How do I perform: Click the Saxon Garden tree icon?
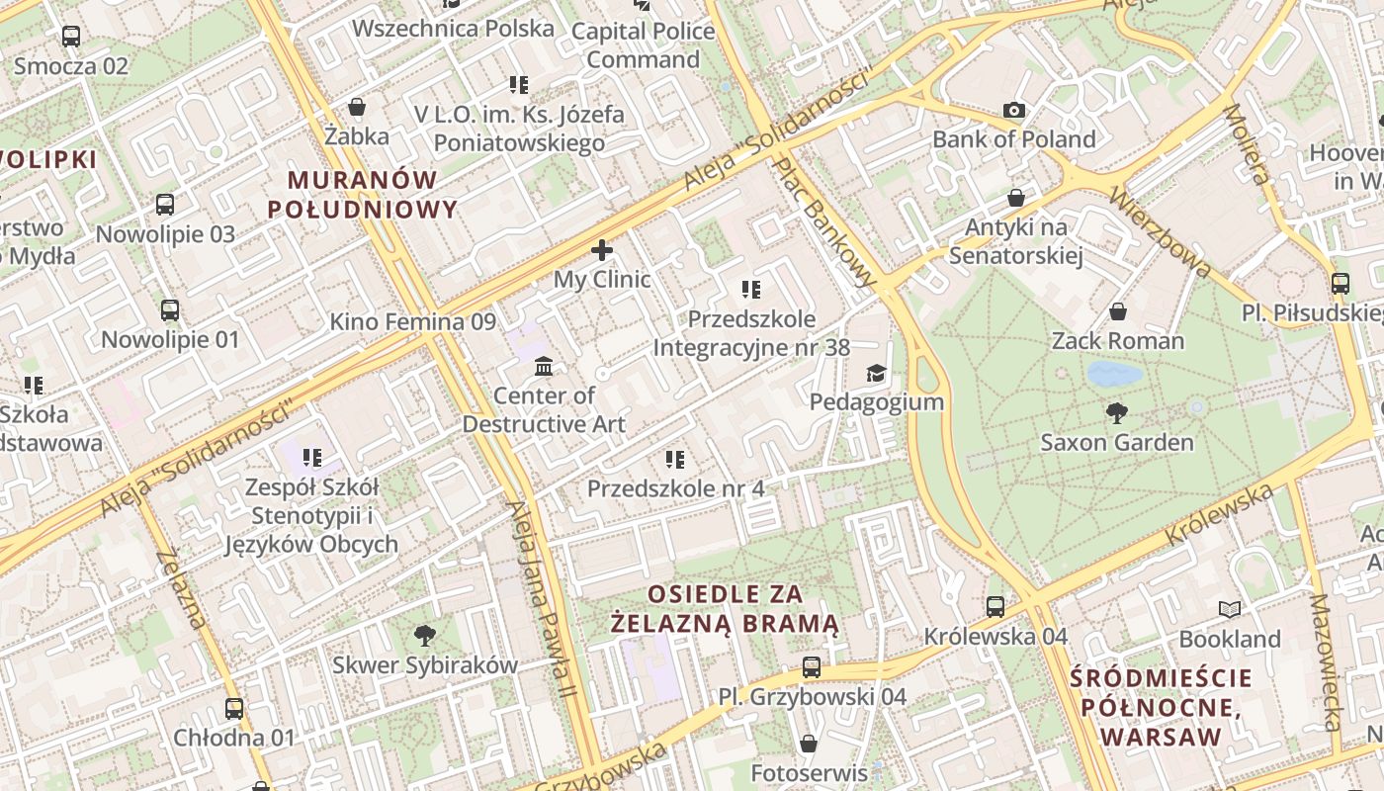point(1117,412)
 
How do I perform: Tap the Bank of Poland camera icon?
point(1013,111)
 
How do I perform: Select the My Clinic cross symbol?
point(601,250)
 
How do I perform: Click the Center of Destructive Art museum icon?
point(544,367)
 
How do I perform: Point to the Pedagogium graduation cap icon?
point(876,373)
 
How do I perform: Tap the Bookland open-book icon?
point(1230,610)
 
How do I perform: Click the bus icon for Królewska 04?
point(995,607)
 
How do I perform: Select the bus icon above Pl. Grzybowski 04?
point(812,667)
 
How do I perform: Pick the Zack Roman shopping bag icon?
point(1118,312)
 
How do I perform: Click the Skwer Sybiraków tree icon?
point(425,635)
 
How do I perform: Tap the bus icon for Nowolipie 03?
point(165,205)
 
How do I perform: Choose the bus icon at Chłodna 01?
point(234,709)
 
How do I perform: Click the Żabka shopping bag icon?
point(357,107)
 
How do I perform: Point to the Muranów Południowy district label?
point(363,195)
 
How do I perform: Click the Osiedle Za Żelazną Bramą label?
point(725,609)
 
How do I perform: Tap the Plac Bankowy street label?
point(824,221)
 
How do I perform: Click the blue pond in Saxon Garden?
point(1114,374)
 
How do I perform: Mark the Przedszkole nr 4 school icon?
point(675,459)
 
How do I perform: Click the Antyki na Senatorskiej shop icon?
point(1015,199)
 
